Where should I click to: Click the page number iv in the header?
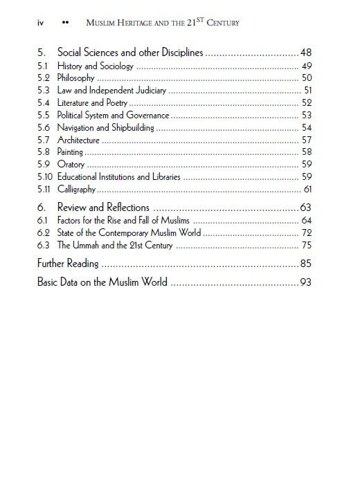(42, 24)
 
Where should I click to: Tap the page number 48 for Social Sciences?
(305, 53)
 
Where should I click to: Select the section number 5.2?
(43, 78)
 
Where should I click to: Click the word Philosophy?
(75, 78)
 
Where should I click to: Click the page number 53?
(307, 116)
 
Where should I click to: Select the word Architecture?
(78, 140)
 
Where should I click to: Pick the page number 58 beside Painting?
(307, 152)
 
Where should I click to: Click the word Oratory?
(71, 165)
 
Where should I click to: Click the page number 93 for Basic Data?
(305, 282)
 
